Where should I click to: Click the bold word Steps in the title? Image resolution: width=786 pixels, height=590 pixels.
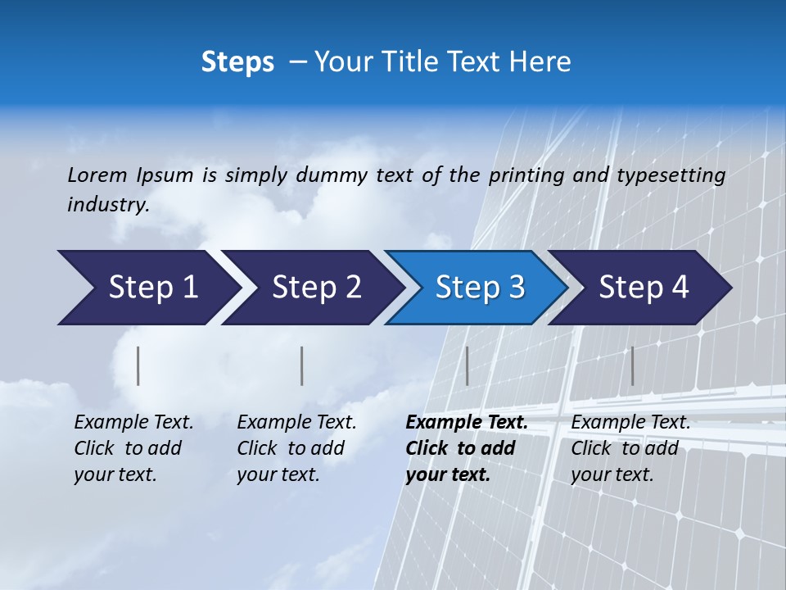(237, 61)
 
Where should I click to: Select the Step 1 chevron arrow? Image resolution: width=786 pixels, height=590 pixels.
(147, 288)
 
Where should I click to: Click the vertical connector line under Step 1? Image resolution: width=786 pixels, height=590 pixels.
(138, 365)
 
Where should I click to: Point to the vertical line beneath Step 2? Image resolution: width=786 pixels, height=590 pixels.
(302, 365)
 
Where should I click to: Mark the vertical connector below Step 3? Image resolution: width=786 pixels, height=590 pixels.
(467, 365)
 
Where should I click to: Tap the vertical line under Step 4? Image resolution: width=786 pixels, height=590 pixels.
(632, 365)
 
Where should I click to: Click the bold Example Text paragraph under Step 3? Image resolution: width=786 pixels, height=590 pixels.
(465, 448)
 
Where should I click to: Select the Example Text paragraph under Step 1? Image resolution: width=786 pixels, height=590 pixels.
(133, 448)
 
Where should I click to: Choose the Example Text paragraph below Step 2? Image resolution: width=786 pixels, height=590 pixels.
(296, 448)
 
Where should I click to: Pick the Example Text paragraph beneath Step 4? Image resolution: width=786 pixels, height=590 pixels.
(630, 448)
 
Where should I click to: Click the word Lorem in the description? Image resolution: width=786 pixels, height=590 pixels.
(97, 175)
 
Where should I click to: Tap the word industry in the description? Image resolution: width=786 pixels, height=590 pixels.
(107, 204)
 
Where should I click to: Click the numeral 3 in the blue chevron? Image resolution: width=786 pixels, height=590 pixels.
(517, 288)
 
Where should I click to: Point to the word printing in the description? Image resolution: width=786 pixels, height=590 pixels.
(526, 175)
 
